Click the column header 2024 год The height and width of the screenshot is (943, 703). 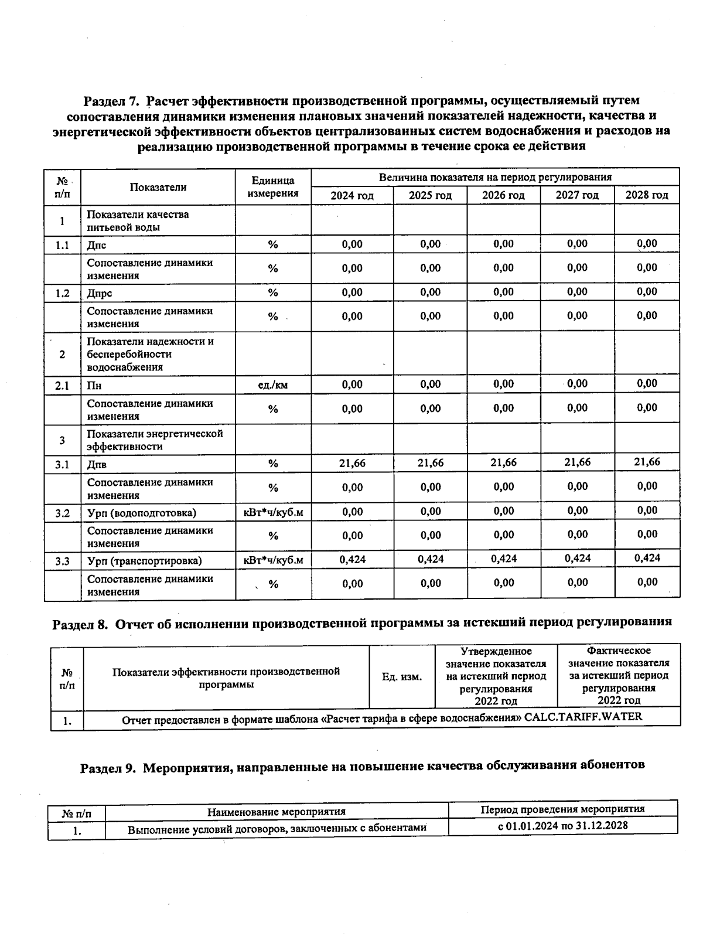[x=351, y=195]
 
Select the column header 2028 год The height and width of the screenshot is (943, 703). [x=647, y=195]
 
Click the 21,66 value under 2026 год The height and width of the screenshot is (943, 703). [x=503, y=463]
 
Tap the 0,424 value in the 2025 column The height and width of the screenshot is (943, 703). [x=431, y=559]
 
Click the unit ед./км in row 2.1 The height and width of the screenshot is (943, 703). [x=273, y=385]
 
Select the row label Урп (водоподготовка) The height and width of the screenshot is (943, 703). [x=142, y=513]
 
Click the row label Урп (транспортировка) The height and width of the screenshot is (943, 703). [x=145, y=561]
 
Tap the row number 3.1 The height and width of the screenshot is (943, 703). [x=62, y=465]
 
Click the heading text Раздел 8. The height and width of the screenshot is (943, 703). [x=80, y=624]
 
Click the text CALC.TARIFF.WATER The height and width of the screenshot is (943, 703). [x=583, y=717]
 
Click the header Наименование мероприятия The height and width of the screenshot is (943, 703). [x=277, y=812]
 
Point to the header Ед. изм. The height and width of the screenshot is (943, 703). [x=402, y=677]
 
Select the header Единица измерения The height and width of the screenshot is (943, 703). [x=273, y=187]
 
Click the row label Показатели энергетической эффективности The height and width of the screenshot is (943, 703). [x=155, y=440]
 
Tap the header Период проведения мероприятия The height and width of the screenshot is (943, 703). [x=562, y=809]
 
